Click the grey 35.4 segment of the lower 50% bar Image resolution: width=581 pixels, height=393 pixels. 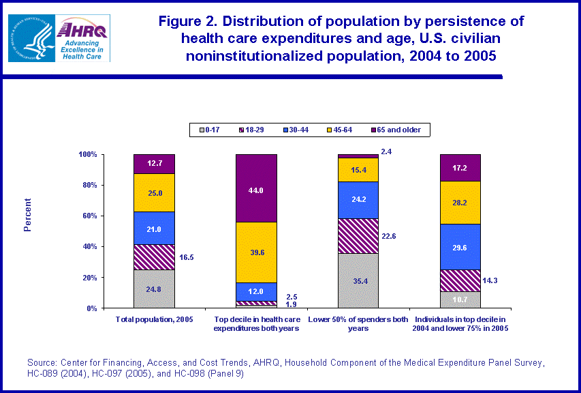[358, 280]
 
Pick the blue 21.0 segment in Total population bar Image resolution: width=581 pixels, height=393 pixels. [154, 228]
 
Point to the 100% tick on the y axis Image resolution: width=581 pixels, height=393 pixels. [89, 155]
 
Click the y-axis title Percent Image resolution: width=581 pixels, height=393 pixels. [28, 215]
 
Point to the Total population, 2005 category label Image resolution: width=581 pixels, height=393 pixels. [154, 319]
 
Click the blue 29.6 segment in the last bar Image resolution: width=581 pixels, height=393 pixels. [460, 247]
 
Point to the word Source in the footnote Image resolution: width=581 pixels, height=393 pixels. [42, 362]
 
